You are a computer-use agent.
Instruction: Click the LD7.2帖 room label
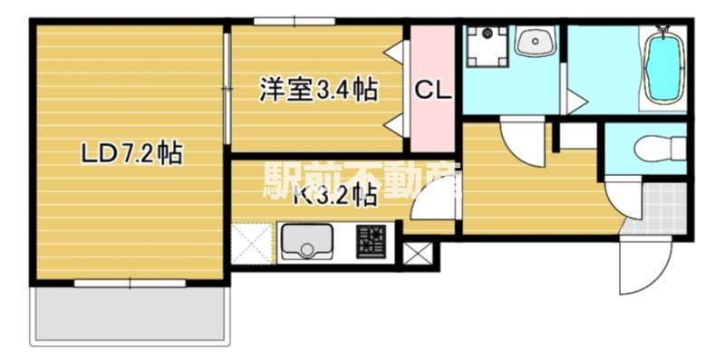point(131,154)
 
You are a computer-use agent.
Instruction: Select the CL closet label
point(433,90)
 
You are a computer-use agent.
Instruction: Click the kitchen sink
point(306,242)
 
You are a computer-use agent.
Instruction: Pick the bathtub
point(664,68)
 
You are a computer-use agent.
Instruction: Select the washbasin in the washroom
point(535,42)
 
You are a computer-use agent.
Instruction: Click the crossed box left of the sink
point(250,243)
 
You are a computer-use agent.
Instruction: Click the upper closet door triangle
point(395,52)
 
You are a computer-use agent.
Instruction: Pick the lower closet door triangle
point(395,124)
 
